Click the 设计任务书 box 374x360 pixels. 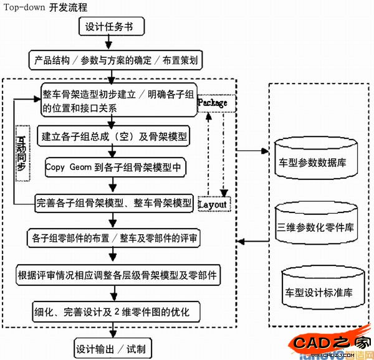pyautogui.click(x=113, y=28)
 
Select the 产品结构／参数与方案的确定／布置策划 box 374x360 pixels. pyautogui.click(x=112, y=61)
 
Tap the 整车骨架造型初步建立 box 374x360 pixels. pyautogui.click(x=116, y=100)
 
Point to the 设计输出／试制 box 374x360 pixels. pyautogui.click(x=112, y=348)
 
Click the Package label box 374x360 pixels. pyautogui.click(x=212, y=102)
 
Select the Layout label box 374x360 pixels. pyautogui.click(x=213, y=204)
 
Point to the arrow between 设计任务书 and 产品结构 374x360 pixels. pyautogui.click(x=111, y=44)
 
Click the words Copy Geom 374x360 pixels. pyautogui.click(x=69, y=168)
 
